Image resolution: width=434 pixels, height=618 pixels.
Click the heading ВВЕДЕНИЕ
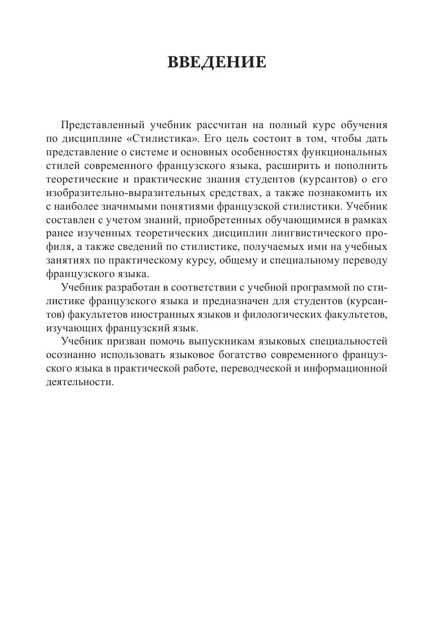216,62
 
